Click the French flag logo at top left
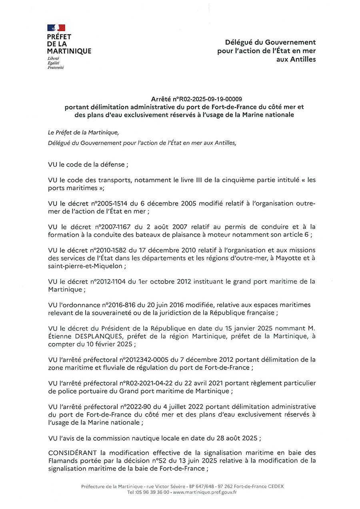pos(56,28)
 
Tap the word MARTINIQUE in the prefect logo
pos(69,51)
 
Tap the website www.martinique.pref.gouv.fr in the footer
pos(205,492)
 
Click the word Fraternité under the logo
pos(56,68)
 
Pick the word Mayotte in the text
pos(288,258)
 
